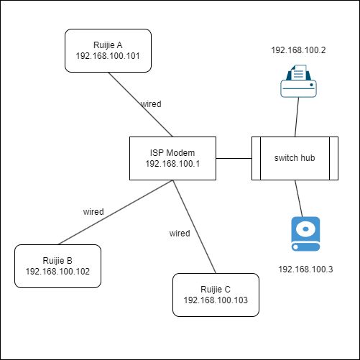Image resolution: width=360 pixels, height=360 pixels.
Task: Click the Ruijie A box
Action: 108,50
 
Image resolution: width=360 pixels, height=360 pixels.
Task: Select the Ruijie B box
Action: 57,266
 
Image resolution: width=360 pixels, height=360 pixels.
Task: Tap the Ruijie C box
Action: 216,295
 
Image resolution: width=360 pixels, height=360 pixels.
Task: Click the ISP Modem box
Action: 172,158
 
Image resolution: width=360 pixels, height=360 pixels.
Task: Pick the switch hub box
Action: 295,158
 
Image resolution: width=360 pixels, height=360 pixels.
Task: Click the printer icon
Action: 298,81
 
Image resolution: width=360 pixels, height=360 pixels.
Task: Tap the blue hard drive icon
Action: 305,234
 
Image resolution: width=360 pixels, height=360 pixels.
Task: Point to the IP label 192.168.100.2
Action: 298,50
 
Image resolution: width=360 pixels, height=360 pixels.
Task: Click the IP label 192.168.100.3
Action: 305,269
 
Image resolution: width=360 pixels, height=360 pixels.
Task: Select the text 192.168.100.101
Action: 108,56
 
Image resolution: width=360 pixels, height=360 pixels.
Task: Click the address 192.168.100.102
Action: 57,272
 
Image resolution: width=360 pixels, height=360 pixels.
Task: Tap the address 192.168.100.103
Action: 216,300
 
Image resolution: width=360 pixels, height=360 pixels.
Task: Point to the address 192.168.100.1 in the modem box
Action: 172,164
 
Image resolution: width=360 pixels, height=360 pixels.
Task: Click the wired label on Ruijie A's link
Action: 151,104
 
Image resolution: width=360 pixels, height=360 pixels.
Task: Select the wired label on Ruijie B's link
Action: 93,212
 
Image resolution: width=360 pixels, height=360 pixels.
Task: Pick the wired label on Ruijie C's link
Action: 180,234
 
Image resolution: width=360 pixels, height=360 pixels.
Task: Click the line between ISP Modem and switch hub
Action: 234,158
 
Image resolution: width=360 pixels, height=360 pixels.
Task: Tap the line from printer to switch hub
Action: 297,117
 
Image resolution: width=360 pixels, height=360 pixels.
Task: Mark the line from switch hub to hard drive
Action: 299,198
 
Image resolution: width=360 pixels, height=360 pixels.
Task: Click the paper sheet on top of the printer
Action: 298,72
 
